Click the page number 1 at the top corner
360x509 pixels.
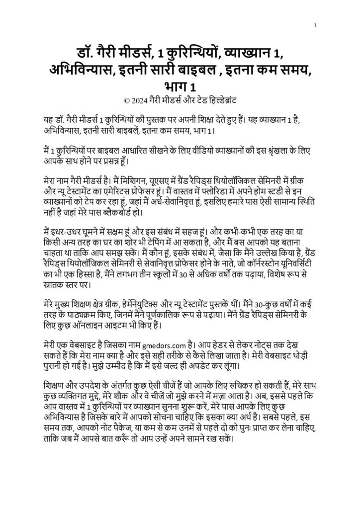point(317,24)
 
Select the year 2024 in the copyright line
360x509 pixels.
point(140,99)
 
